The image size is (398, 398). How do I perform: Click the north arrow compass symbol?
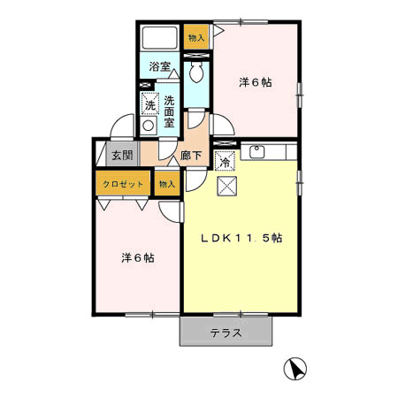click(x=295, y=369)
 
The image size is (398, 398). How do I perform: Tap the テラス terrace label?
click(x=226, y=333)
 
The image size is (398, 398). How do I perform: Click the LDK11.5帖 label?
click(x=241, y=238)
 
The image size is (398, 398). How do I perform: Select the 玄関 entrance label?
click(x=122, y=155)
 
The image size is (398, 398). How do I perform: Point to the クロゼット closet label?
click(x=123, y=184)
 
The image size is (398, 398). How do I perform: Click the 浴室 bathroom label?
click(x=160, y=66)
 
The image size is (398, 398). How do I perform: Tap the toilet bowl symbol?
click(x=196, y=72)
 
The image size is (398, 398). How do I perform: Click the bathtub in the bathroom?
click(x=159, y=38)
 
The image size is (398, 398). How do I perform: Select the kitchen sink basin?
click(x=257, y=152)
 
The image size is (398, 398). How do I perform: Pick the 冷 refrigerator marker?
click(x=225, y=161)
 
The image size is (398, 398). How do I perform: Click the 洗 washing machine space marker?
click(x=150, y=103)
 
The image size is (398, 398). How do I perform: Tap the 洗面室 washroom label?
click(x=169, y=111)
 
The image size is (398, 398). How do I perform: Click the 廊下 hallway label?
click(x=191, y=156)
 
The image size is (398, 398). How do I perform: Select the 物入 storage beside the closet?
click(x=167, y=184)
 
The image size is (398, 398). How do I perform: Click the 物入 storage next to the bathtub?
click(x=196, y=37)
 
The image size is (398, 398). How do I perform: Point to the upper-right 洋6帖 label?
click(x=256, y=82)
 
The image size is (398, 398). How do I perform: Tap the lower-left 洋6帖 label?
click(x=138, y=258)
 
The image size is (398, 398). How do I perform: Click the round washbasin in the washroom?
click(x=148, y=126)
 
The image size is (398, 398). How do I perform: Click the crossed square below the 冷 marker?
click(x=227, y=186)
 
